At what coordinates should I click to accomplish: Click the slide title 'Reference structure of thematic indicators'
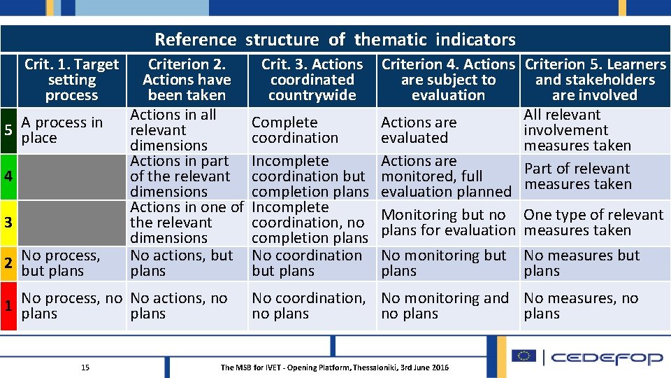[335, 39]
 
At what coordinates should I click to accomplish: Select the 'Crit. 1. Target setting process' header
[71, 80]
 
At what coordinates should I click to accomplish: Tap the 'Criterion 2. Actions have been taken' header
[187, 80]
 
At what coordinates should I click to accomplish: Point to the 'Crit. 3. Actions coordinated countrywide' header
[312, 80]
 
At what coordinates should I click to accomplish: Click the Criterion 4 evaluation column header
[448, 80]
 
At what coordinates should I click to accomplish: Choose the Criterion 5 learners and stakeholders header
[595, 80]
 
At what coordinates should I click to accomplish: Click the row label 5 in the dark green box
[8, 130]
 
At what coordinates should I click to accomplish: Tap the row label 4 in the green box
[8, 176]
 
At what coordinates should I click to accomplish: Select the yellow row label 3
[8, 223]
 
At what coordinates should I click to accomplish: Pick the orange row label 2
[8, 263]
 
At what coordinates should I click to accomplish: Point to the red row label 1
[8, 306]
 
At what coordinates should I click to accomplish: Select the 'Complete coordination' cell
[294, 130]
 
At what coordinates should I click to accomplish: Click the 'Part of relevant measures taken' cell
[577, 176]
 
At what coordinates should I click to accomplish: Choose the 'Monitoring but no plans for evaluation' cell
[447, 223]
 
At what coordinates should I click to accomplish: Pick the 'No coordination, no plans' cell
[308, 306]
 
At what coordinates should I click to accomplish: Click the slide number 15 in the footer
[85, 367]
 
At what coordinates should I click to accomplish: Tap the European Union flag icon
[523, 356]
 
